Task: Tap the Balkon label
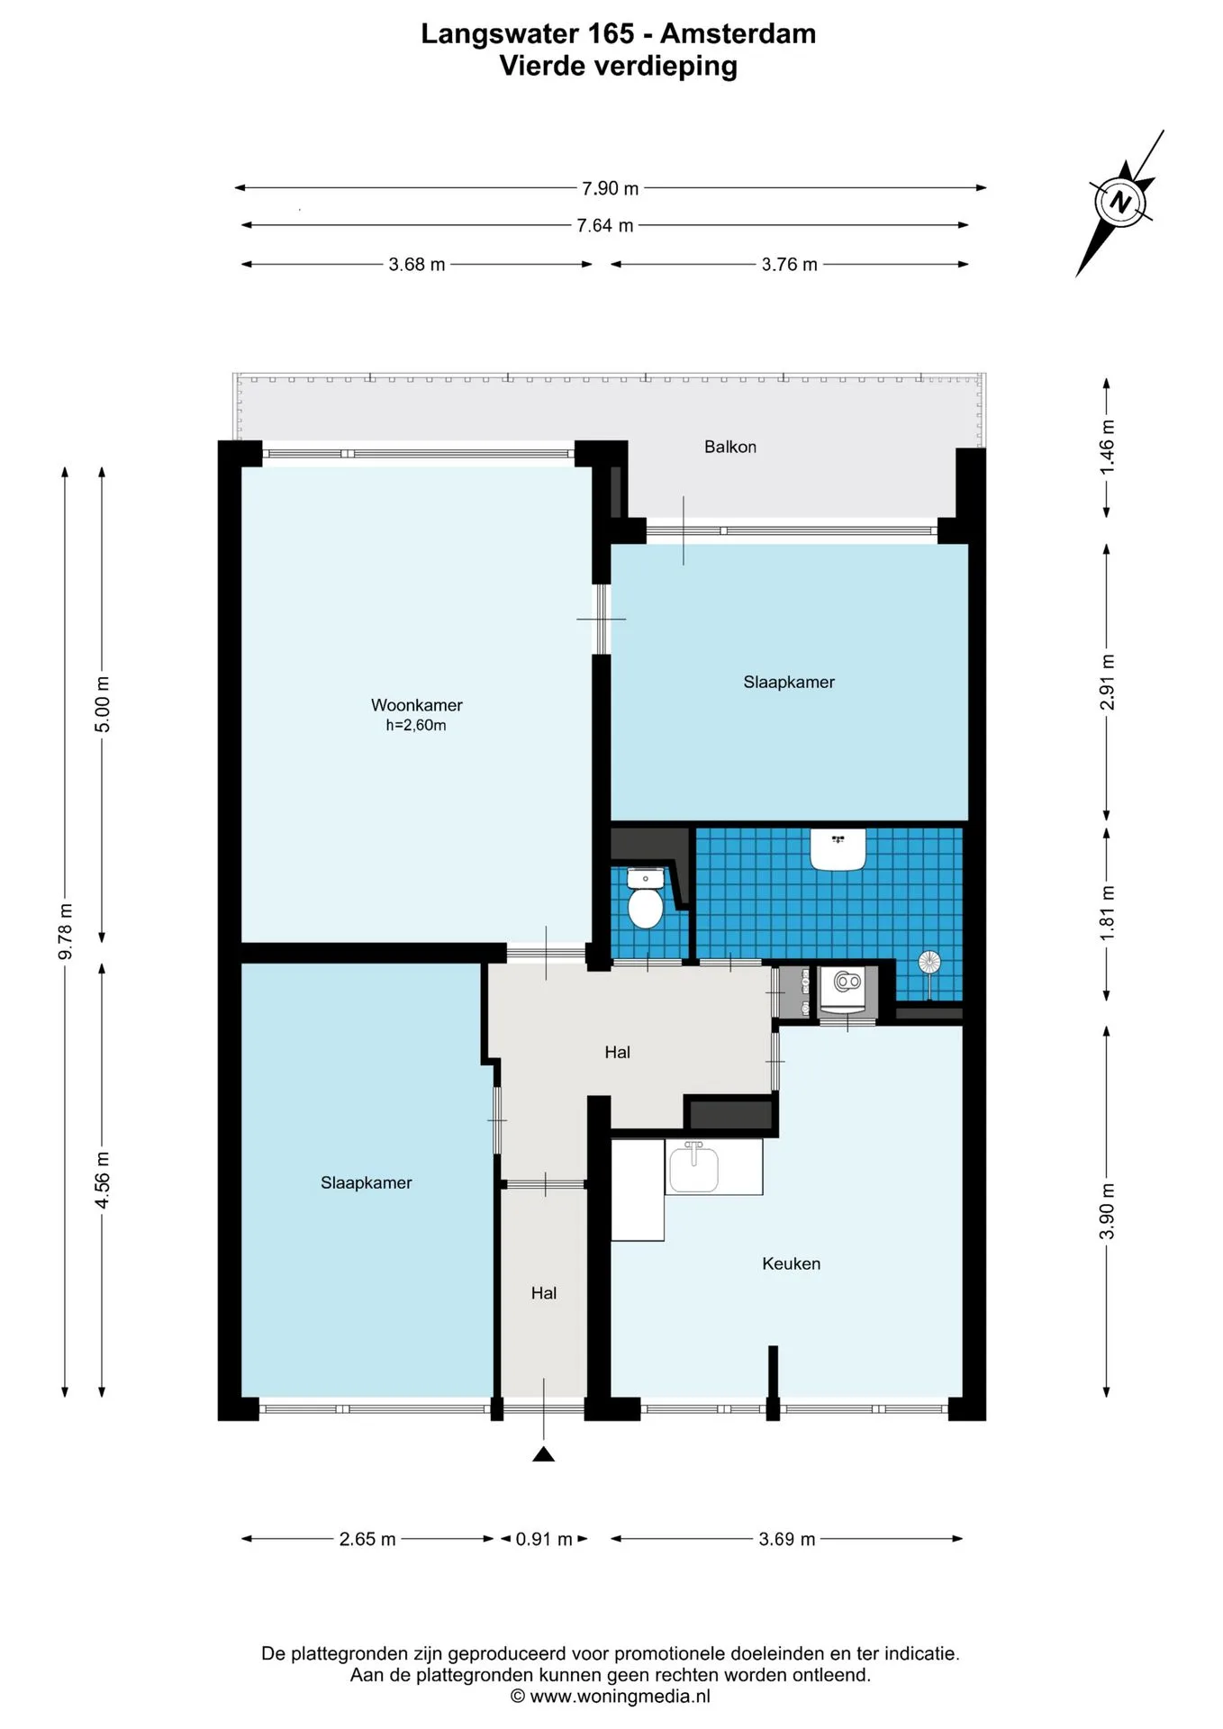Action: tap(729, 447)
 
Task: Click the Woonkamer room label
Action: tap(416, 705)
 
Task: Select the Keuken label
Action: tap(791, 1263)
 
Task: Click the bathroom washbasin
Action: tap(838, 849)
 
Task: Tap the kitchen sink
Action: tap(693, 1167)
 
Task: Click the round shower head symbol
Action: tap(929, 963)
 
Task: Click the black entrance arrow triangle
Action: tap(543, 1453)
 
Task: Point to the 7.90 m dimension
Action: tap(610, 188)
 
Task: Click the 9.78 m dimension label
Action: tap(65, 931)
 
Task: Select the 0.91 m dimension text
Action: tap(544, 1539)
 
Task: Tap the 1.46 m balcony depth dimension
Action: tap(1107, 448)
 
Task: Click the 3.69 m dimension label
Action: tap(786, 1539)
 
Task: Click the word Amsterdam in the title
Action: tap(738, 34)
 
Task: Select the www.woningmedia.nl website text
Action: tap(620, 1697)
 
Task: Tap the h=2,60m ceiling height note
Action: tap(416, 726)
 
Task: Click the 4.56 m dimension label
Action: tap(102, 1181)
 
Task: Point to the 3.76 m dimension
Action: tap(789, 265)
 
